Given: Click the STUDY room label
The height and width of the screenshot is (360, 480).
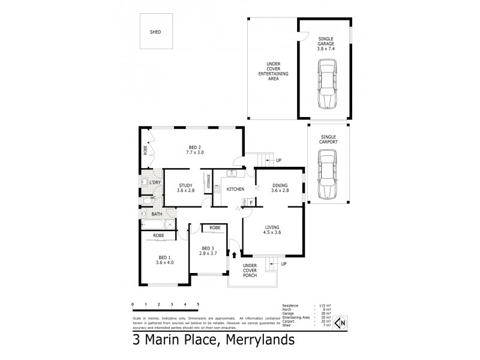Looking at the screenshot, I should [187, 187].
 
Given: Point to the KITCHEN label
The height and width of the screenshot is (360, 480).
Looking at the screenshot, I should [235, 190].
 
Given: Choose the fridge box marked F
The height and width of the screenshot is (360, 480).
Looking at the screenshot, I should [251, 203].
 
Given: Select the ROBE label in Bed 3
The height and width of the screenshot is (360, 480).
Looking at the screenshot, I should [214, 228].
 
